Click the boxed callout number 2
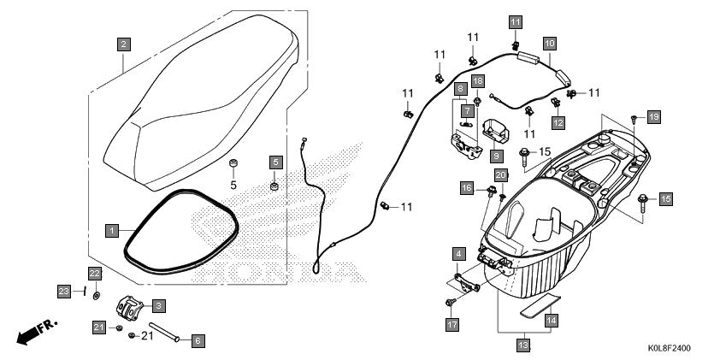[x=123, y=44]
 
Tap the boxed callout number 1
[x=112, y=231]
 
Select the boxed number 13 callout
[x=523, y=345]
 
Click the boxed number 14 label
[x=552, y=320]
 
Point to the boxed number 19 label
[x=654, y=117]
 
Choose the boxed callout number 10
[x=550, y=44]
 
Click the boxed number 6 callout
[x=198, y=341]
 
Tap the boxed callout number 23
[x=64, y=291]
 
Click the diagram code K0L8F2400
[x=669, y=349]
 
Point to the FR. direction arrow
[x=37, y=332]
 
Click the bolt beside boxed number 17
[x=450, y=302]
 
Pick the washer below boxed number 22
[x=96, y=295]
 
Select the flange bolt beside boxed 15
[x=643, y=203]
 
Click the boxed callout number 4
[x=457, y=254]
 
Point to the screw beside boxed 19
[x=634, y=120]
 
